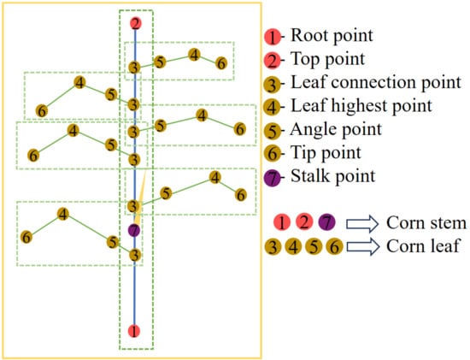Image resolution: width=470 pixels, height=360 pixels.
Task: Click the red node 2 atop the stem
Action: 134,23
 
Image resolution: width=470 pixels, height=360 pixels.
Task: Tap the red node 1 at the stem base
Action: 133,330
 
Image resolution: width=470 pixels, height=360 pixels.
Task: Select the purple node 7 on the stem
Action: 133,230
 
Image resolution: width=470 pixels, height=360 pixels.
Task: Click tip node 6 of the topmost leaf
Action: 220,63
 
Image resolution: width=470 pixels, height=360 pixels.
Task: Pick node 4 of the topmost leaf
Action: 194,55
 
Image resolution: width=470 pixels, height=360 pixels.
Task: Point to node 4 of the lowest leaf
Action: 62,214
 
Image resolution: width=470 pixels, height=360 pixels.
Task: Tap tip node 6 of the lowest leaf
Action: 27,236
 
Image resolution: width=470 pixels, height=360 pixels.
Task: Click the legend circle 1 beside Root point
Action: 272,37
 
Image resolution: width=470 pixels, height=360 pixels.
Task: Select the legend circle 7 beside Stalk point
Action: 272,177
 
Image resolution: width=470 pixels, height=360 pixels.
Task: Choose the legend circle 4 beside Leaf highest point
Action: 272,107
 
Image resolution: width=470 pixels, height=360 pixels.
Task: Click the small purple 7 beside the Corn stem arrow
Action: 326,223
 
